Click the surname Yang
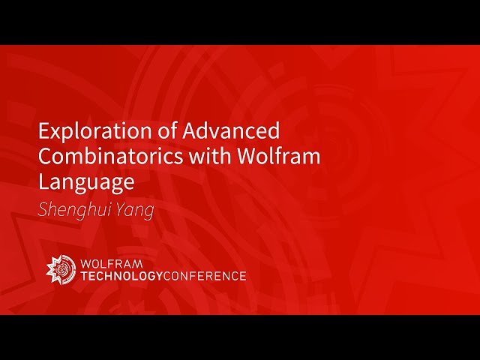pyautogui.click(x=137, y=209)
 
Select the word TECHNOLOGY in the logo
pyautogui.click(x=120, y=276)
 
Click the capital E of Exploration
pyautogui.click(x=43, y=132)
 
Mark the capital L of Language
pyautogui.click(x=43, y=181)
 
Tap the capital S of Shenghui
pyautogui.click(x=43, y=209)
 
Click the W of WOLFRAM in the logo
pyautogui.click(x=86, y=263)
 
